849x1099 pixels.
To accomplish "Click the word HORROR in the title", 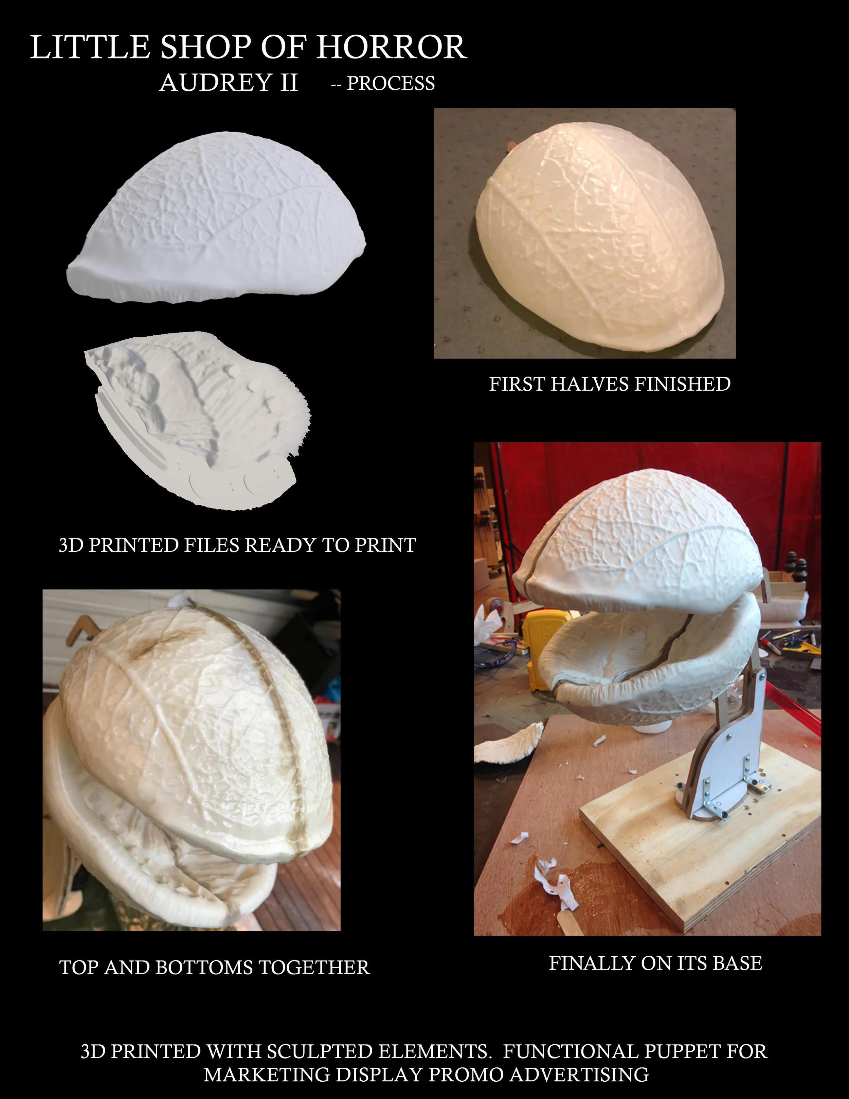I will click(x=391, y=48).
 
